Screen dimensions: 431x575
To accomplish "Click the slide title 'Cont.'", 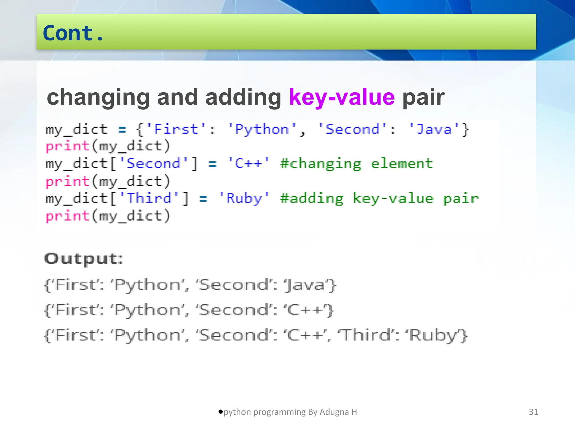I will (x=73, y=33).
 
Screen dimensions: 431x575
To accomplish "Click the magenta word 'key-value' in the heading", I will (x=342, y=97).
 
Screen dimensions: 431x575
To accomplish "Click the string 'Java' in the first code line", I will (x=434, y=129).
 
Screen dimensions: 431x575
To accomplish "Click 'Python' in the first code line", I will (x=262, y=129).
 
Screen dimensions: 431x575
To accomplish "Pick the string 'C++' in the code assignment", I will (x=248, y=164).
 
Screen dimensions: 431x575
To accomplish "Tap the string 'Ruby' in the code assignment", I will (x=244, y=198).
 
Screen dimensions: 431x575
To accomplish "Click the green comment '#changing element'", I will (x=357, y=164).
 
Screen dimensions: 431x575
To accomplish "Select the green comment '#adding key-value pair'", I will (x=379, y=198).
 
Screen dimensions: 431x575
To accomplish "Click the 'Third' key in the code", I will (x=149, y=198).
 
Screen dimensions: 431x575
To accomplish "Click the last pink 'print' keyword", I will (x=67, y=216).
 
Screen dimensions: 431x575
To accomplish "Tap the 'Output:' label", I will (x=84, y=259).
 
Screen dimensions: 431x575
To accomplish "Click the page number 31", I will (x=533, y=412).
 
